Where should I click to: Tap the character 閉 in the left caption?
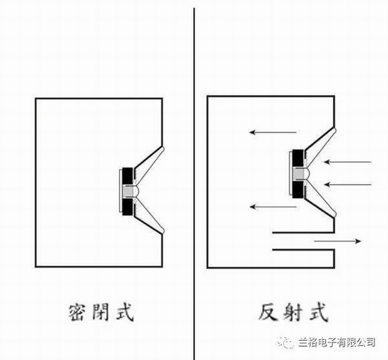pos(101,312)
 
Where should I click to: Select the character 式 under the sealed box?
pos(124,312)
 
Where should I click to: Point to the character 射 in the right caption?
pos(293,312)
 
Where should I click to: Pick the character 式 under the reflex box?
pos(318,312)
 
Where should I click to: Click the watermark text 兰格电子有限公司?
pos(336,343)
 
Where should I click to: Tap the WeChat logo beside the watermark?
pos(286,343)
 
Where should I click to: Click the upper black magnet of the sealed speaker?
pos(127,176)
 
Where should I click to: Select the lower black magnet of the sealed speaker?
pos(127,207)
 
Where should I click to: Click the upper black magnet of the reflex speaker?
pos(298,158)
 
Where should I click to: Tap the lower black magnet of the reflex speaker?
pos(298,189)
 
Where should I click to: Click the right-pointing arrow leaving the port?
pos(338,241)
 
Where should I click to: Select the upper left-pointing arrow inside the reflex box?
pos(273,132)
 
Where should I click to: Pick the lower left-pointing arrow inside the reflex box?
pos(273,207)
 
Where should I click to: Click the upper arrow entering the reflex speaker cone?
pos(348,162)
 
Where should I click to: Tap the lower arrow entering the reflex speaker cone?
pos(348,185)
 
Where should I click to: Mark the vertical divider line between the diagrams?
pos(194,184)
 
